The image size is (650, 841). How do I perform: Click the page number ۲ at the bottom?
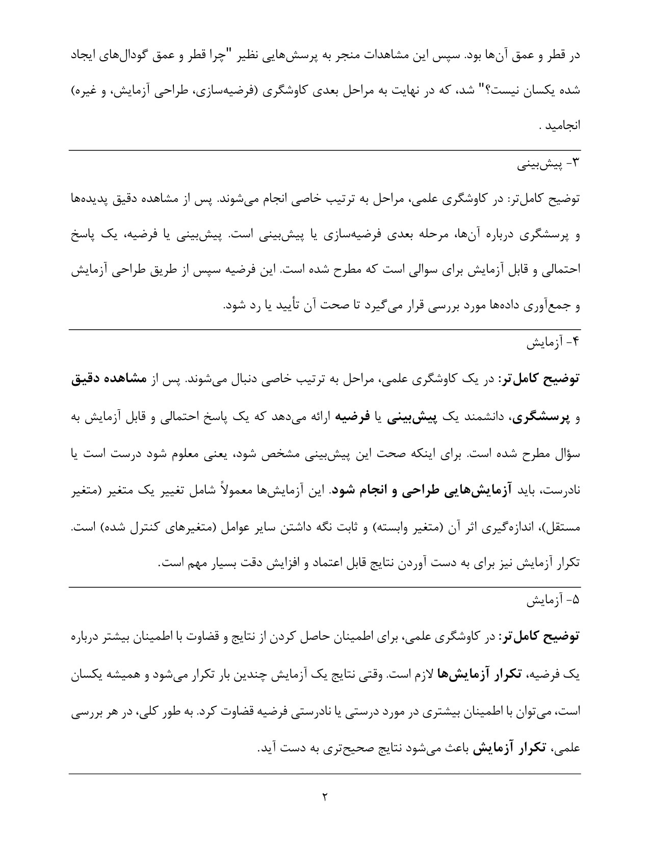pyautogui.click(x=324, y=796)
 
